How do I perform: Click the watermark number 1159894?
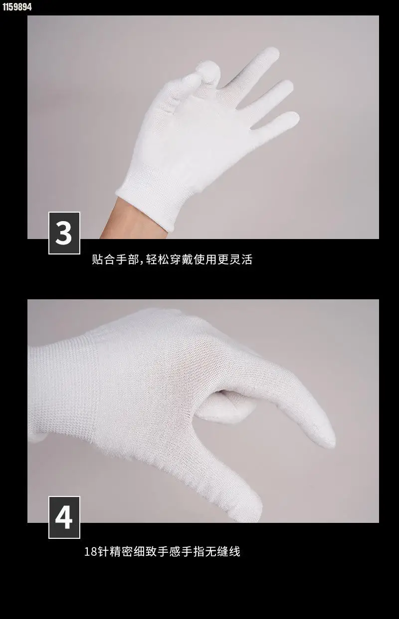(17, 6)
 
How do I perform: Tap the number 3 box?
(64, 233)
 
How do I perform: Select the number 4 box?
(64, 517)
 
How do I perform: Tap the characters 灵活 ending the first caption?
(241, 259)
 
